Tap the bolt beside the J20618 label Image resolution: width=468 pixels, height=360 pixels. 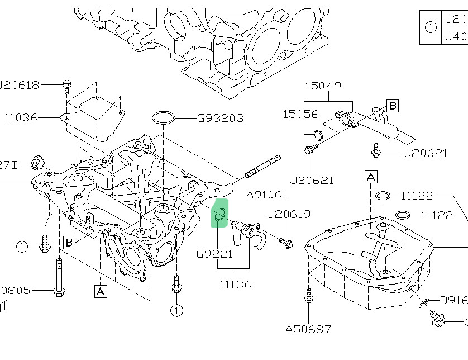(x=67, y=86)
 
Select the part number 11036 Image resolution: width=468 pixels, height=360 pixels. (x=21, y=117)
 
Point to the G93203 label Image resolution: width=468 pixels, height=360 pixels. (x=219, y=118)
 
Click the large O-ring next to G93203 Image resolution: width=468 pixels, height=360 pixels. (x=163, y=118)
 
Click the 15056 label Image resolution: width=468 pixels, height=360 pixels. (x=300, y=113)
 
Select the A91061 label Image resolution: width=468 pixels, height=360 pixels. (x=267, y=195)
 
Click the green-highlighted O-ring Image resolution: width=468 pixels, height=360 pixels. (x=220, y=214)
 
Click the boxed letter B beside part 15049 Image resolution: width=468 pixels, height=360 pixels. (x=393, y=105)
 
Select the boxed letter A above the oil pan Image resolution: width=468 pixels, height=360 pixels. (x=371, y=177)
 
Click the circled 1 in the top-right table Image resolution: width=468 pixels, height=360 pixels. (x=431, y=27)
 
